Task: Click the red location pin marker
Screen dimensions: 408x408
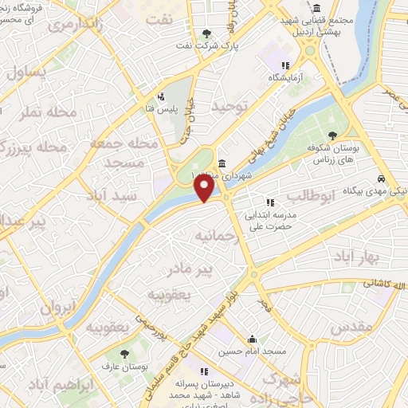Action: [x=206, y=188]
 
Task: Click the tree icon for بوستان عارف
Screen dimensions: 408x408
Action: [x=124, y=353]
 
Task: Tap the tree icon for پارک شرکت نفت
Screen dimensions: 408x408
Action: [x=208, y=33]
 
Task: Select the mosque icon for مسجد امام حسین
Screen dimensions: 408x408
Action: [x=252, y=338]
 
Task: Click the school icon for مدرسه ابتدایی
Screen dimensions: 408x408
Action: [x=269, y=202]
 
